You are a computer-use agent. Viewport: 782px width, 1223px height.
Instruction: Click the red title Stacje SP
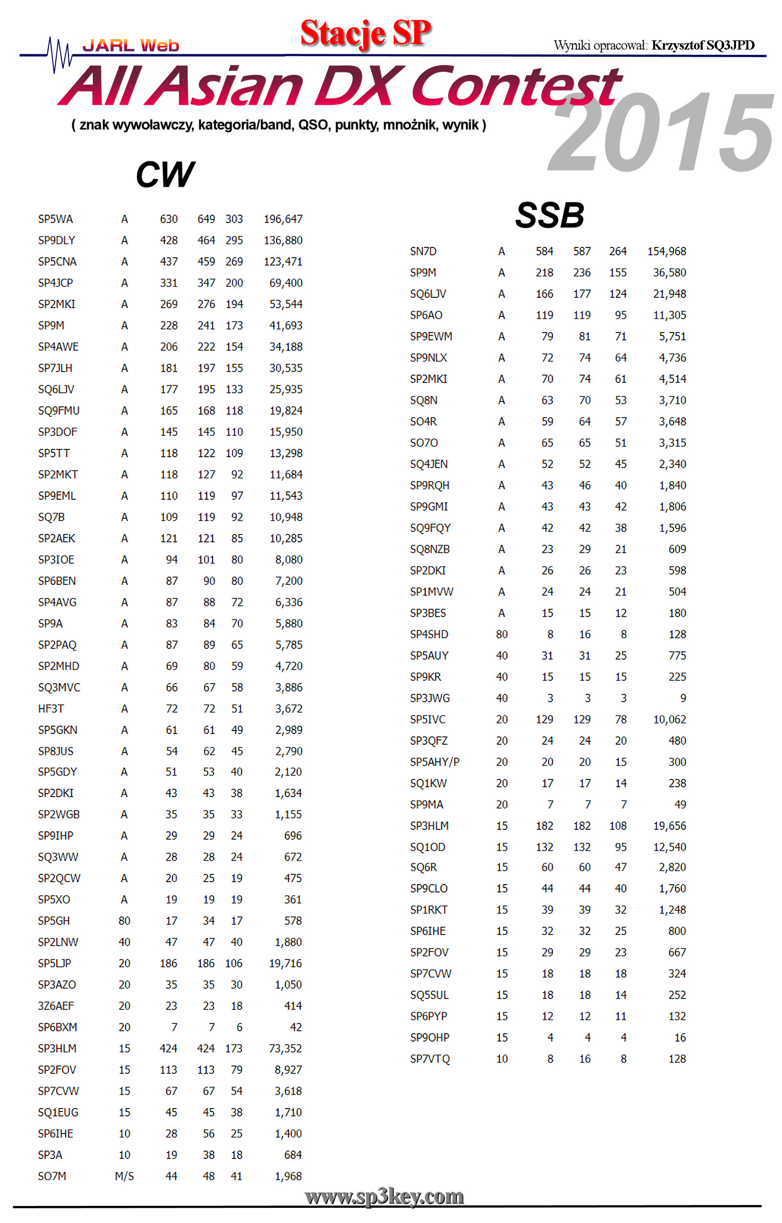click(x=366, y=33)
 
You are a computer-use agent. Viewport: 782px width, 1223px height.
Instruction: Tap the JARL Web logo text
click(x=130, y=46)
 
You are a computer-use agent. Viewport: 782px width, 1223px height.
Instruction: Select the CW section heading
click(x=165, y=175)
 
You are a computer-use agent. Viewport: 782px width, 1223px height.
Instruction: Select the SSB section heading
click(x=549, y=215)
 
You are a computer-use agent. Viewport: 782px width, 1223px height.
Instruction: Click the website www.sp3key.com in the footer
click(x=384, y=1197)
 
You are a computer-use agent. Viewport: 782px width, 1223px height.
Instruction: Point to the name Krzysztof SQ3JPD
click(x=703, y=45)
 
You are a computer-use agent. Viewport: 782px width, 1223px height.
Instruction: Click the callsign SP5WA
click(x=55, y=219)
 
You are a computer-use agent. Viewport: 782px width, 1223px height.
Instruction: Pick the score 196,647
click(x=283, y=219)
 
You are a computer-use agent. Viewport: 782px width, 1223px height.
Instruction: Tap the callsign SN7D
click(x=423, y=251)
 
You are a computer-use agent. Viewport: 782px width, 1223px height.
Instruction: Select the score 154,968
click(x=666, y=251)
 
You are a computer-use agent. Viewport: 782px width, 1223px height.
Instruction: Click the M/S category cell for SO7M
click(x=125, y=1176)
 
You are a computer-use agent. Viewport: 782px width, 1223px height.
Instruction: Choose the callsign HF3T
click(x=51, y=709)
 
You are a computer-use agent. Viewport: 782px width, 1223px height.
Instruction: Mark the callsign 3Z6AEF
click(x=56, y=1006)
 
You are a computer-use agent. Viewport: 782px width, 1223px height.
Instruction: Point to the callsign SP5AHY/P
click(x=434, y=762)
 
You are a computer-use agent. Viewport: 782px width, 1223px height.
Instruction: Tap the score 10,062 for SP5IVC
click(x=669, y=719)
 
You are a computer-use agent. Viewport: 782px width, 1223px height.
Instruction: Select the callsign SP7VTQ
click(x=430, y=1059)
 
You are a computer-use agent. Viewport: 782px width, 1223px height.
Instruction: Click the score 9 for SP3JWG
click(x=683, y=698)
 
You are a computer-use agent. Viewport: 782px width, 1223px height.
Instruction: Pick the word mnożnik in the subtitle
click(x=406, y=125)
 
